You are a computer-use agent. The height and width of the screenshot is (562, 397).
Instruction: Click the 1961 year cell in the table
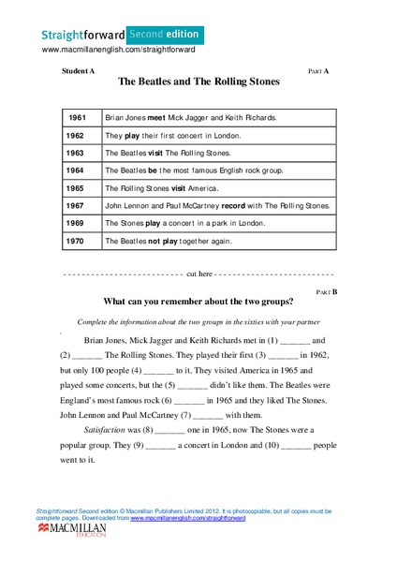coord(77,118)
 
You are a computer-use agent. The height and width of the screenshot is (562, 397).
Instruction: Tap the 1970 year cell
coord(77,241)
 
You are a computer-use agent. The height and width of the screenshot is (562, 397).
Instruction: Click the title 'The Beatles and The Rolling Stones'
coord(198,81)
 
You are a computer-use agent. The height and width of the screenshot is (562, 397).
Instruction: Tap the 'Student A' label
coord(78,70)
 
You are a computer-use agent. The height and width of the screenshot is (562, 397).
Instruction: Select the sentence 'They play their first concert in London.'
coord(172,136)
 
